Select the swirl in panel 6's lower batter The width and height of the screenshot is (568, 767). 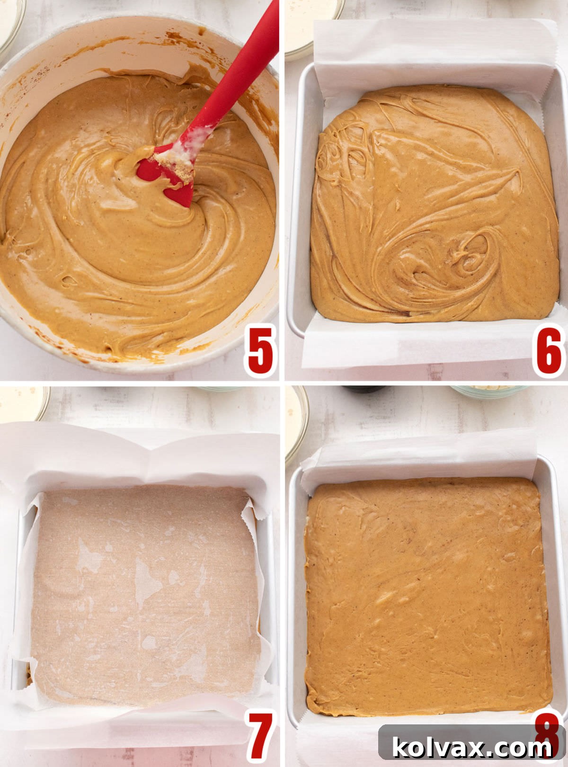click(x=466, y=258)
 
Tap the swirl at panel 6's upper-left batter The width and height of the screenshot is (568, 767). click(x=338, y=156)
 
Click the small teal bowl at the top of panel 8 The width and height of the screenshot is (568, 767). click(x=488, y=391)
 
